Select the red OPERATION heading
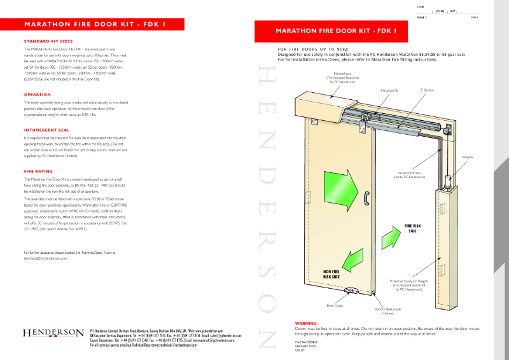point(37,94)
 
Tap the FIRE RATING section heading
point(39,172)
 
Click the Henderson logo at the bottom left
point(53,333)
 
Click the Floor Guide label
point(335,305)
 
